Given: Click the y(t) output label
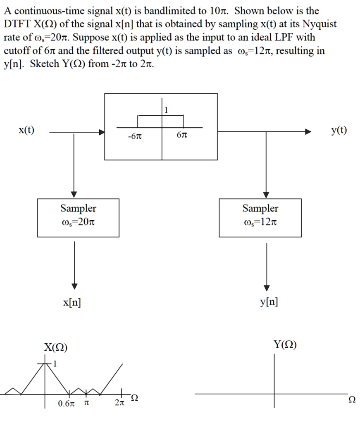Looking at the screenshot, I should (339, 131).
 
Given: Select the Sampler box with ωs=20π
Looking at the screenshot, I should (78, 218).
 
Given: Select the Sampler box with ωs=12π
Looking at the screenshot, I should (260, 218).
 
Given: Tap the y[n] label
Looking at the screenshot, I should (269, 302).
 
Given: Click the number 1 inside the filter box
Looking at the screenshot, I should (167, 110).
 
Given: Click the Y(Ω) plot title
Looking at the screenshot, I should (285, 345).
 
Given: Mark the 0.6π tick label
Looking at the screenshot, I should (67, 403).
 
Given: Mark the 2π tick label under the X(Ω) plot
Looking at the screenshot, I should (118, 403).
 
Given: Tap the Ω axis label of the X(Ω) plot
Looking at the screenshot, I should (134, 398).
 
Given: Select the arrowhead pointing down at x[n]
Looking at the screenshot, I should (74, 286).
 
